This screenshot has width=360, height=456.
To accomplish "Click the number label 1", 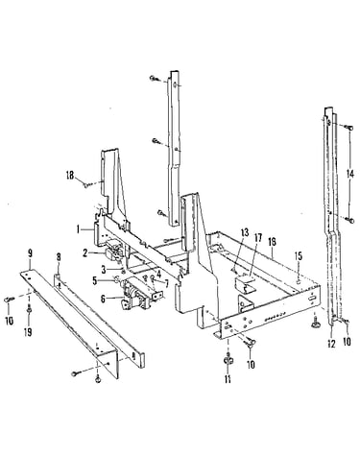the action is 78,229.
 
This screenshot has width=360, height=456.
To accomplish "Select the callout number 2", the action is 84,253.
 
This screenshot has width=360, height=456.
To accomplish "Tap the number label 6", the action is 104,270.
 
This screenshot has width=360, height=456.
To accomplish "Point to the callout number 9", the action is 30,253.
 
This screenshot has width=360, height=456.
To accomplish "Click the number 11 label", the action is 228,379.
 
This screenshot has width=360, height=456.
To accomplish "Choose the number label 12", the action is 331,344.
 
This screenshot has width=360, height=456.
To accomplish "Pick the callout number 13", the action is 245,232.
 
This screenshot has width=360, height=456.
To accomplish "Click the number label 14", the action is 350,174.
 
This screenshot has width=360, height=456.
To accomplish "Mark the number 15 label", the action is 298,256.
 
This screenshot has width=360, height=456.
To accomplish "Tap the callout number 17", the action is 258,238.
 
